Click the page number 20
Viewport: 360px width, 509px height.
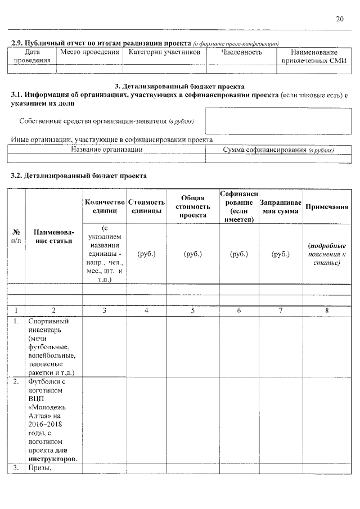coord(340,19)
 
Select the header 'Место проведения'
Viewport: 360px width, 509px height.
coord(89,52)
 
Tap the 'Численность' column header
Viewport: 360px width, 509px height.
coord(241,52)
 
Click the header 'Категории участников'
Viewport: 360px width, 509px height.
coord(164,52)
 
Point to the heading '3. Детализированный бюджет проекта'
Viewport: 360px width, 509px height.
coord(179,87)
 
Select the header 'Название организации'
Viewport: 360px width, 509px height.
coord(106,150)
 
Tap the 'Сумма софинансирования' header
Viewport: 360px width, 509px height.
coord(278,150)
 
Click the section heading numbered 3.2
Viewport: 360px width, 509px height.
coord(79,175)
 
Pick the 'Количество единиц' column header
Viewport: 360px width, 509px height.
coord(104,206)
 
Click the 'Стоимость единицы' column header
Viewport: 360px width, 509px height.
coord(146,206)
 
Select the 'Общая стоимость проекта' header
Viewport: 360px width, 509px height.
coord(193,206)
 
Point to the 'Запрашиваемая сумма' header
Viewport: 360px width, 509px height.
coord(281,206)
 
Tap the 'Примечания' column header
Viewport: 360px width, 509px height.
coord(326,206)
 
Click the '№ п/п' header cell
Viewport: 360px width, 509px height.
coord(16,236)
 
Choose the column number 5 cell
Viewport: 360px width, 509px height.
coord(193,310)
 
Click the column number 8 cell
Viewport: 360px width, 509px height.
coord(326,310)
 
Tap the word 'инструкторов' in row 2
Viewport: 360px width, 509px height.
coord(53,458)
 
